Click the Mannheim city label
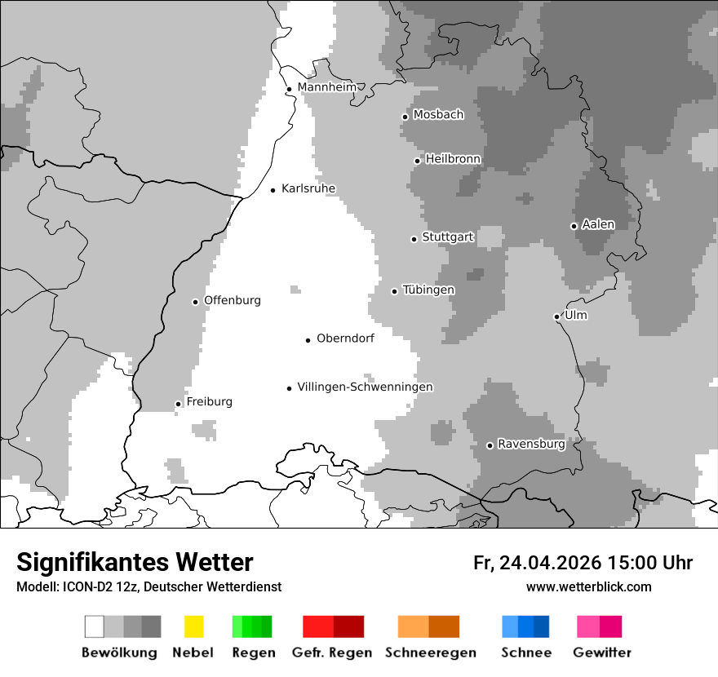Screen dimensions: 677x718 (327, 87)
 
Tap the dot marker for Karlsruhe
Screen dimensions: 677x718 (273, 190)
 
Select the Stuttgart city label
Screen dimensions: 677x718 (448, 237)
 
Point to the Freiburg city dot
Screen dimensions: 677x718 (178, 404)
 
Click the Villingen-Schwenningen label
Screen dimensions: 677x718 (365, 387)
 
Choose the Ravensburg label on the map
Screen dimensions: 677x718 (531, 445)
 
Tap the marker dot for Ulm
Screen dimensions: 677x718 (556, 316)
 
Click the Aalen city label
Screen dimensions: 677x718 (598, 224)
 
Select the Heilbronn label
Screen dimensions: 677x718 (453, 159)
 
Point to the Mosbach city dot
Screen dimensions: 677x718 (405, 117)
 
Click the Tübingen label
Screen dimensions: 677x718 (428, 290)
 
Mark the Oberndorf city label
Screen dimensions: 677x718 (345, 338)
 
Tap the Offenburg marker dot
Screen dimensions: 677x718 (195, 302)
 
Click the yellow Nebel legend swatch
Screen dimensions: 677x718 (193, 626)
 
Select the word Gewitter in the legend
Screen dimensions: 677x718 (601, 653)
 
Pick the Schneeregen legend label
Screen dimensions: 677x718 (430, 653)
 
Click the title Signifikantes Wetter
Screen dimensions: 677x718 (135, 563)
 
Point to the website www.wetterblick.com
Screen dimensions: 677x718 (588, 587)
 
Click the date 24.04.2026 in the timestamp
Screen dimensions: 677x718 (551, 563)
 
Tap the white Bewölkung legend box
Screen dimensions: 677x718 (94, 626)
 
